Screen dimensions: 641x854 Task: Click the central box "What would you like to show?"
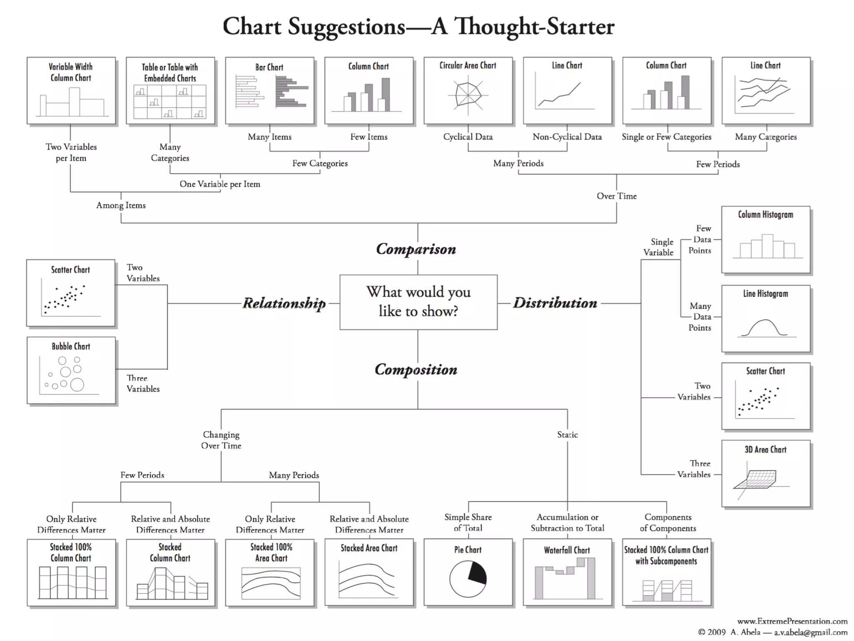(x=418, y=302)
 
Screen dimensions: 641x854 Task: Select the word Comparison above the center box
(x=416, y=249)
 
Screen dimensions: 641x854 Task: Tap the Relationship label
(x=284, y=303)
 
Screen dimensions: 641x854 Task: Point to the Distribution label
(x=555, y=303)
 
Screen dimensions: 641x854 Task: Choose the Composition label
(x=416, y=369)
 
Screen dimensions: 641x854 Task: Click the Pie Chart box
(x=468, y=572)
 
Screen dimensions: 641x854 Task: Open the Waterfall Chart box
(x=567, y=572)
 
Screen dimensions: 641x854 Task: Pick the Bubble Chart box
(x=71, y=370)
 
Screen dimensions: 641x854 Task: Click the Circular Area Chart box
(x=468, y=91)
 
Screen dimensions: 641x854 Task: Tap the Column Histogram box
(x=766, y=240)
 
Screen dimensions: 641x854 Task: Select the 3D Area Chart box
(x=766, y=473)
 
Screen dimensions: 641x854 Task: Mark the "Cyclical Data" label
(x=468, y=137)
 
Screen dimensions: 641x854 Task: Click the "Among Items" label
(x=121, y=205)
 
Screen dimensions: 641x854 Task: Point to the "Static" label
(x=568, y=435)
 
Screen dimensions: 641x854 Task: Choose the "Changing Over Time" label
(x=221, y=440)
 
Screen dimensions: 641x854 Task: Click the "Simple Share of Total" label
(x=468, y=522)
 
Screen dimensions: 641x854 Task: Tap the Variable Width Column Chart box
(x=71, y=91)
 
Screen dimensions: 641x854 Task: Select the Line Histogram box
(x=766, y=318)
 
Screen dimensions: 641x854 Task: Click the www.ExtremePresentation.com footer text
(x=792, y=621)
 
